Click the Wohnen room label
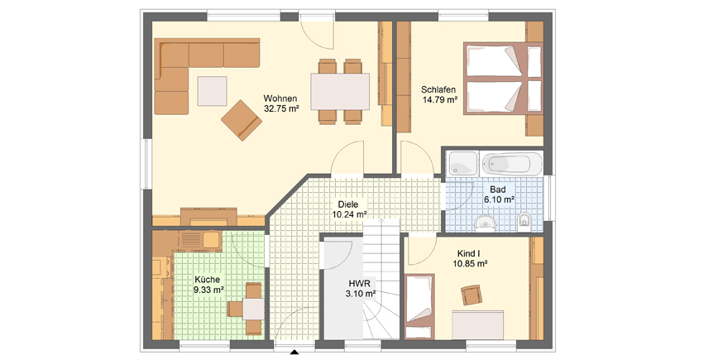pyautogui.click(x=280, y=98)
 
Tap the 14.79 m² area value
pyautogui.click(x=439, y=99)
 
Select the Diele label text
pyautogui.click(x=348, y=204)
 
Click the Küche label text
pyautogui.click(x=207, y=280)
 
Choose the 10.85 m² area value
pyautogui.click(x=470, y=263)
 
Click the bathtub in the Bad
pyautogui.click(x=512, y=163)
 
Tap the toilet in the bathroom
pyautogui.click(x=523, y=221)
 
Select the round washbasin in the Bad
pyautogui.click(x=485, y=223)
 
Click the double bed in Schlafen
pyautogui.click(x=503, y=79)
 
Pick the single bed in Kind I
pyautogui.click(x=419, y=306)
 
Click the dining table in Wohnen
pyautogui.click(x=340, y=91)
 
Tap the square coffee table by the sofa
pyautogui.click(x=212, y=91)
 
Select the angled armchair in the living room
pyautogui.click(x=242, y=120)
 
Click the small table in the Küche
pyautogui.click(x=253, y=309)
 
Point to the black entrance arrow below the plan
pyautogui.click(x=294, y=353)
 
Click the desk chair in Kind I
pyautogui.click(x=471, y=295)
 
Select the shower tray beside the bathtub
pyautogui.click(x=463, y=163)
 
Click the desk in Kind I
pyautogui.click(x=477, y=324)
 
